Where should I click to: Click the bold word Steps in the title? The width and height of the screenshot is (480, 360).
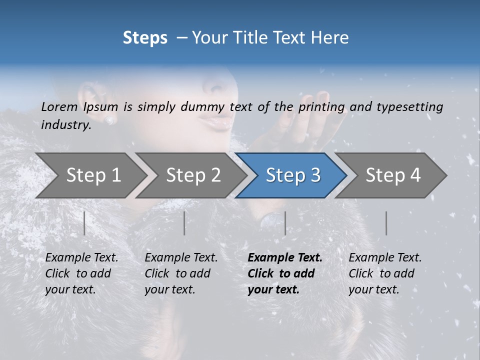145,38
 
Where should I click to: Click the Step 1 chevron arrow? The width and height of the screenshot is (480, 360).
93,175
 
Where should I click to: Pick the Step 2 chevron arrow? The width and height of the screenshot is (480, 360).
193,175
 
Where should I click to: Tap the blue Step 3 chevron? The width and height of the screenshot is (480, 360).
292,175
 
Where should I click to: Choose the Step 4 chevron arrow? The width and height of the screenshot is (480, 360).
392,175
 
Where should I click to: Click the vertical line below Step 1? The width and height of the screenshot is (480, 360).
84,223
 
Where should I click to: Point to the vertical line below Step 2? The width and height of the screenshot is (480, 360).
184,223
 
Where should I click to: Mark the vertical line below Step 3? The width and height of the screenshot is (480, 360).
285,223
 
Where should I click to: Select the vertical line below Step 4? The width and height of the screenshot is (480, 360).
386,223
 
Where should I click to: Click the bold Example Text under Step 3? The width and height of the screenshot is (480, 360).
285,258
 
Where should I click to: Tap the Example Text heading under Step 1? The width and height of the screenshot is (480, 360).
81,258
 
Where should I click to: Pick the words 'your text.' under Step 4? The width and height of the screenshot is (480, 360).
373,289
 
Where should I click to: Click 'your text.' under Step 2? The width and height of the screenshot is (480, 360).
169,289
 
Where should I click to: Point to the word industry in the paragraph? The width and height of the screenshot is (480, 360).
65,125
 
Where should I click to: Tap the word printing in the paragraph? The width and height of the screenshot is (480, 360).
321,107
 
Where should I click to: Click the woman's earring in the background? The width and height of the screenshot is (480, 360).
109,120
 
